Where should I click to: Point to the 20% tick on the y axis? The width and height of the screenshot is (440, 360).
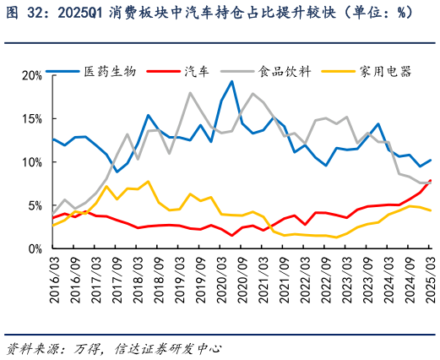pos(31,75)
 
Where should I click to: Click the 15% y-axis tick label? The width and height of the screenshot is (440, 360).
pos(31,118)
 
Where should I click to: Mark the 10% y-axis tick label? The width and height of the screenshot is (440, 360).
pos(31,162)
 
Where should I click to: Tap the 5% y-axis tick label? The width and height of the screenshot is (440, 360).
pos(35,205)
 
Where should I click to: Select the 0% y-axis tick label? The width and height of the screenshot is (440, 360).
pos(35,249)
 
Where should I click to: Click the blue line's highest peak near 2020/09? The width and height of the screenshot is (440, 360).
pos(232,82)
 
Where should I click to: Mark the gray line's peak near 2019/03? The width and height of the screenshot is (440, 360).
pos(190,93)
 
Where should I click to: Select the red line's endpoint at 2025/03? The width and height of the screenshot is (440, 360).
pos(431,180)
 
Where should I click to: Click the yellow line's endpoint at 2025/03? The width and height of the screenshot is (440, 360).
pos(431,210)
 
